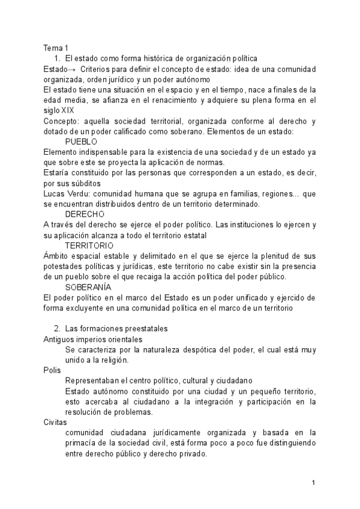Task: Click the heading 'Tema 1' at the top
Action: tap(56, 47)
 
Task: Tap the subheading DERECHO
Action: tap(85, 214)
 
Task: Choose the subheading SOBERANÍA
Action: tap(88, 287)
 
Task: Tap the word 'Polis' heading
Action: tap(52, 370)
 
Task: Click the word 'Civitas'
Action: tap(55, 422)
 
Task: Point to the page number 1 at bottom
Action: tap(313, 483)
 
